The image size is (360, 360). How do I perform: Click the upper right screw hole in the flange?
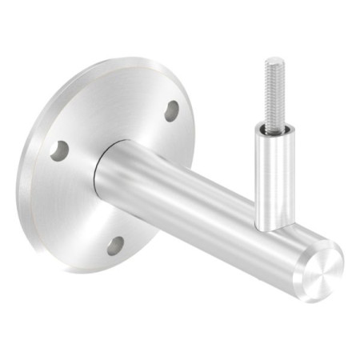pos(172,111)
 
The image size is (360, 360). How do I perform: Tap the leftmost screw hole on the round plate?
pos(58,150)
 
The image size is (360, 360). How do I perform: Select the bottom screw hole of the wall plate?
pos(116,245)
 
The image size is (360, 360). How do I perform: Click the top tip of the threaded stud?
pos(274,60)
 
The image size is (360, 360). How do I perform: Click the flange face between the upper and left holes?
pos(112,120)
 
